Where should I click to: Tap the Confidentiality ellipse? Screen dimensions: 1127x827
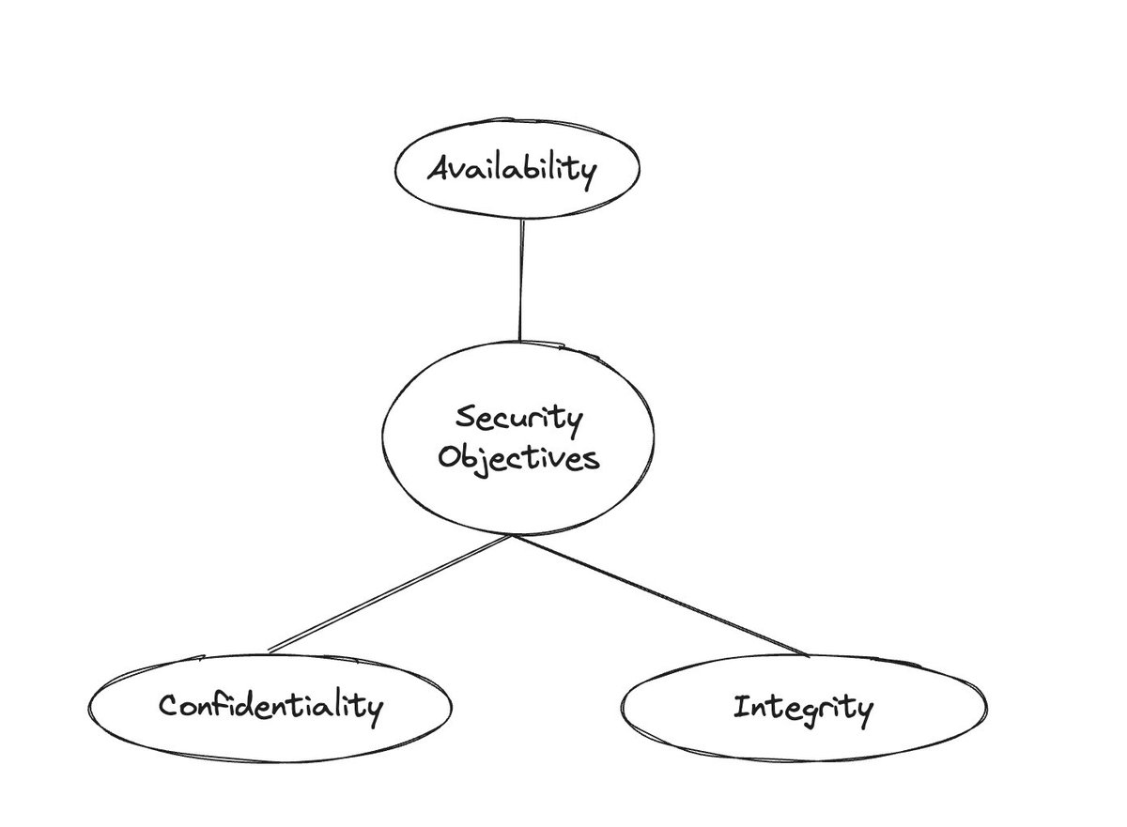click(x=270, y=705)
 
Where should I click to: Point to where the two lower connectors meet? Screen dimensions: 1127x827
click(x=513, y=537)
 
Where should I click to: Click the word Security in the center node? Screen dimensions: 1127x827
click(x=517, y=417)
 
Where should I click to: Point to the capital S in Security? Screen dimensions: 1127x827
click(x=462, y=417)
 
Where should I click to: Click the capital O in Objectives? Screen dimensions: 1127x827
click(x=449, y=458)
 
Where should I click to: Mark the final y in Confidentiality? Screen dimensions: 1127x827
click(x=376, y=709)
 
